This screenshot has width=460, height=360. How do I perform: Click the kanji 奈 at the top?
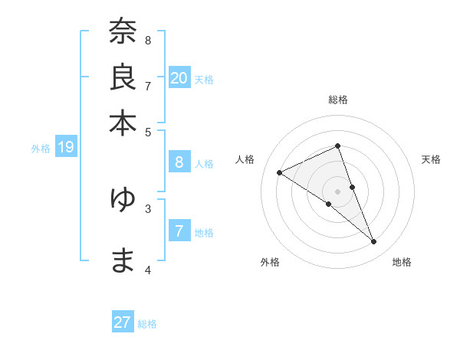click(123, 33)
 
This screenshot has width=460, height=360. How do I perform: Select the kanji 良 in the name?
click(123, 78)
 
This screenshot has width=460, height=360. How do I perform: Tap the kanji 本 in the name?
click(123, 123)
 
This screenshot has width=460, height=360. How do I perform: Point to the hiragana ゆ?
click(123, 199)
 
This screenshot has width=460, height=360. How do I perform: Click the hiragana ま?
click(123, 260)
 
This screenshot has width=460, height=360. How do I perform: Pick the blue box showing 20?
click(179, 78)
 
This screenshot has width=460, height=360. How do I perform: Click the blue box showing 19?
click(65, 147)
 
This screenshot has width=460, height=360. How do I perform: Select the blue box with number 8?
click(179, 162)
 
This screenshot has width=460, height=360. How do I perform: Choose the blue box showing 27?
click(123, 322)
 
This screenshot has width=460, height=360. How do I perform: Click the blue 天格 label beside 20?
click(204, 79)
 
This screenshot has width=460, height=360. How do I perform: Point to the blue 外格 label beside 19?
click(41, 149)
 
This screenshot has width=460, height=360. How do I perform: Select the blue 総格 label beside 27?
click(147, 324)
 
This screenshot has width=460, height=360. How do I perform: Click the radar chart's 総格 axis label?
click(337, 100)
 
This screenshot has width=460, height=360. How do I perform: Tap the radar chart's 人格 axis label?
click(245, 159)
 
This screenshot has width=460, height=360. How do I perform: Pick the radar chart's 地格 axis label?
click(402, 262)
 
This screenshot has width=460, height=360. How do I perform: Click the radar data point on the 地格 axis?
click(374, 242)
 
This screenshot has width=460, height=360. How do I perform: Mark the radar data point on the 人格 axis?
click(279, 172)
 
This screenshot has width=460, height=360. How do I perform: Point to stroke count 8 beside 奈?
click(148, 39)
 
